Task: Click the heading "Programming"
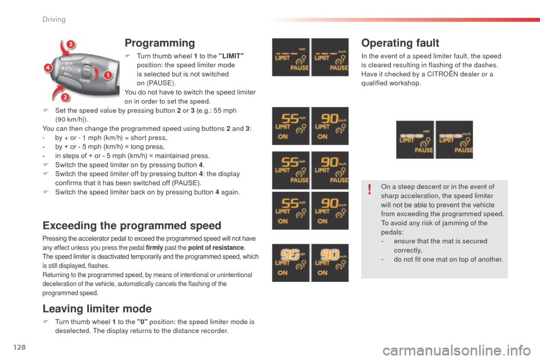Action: [159, 43]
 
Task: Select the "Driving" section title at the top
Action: [55, 20]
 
